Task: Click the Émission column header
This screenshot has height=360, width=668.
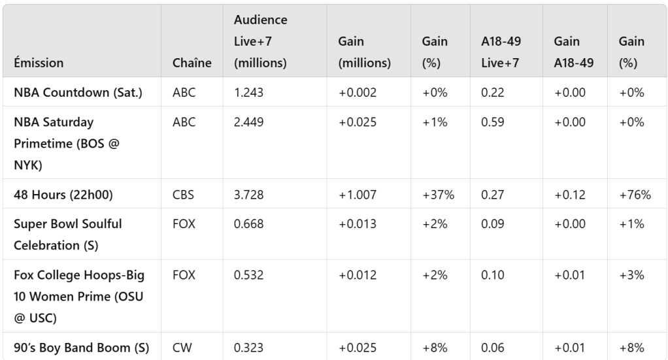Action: [x=39, y=63]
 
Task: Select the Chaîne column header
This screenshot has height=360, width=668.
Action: [x=192, y=63]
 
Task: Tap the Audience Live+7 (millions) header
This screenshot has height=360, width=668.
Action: [x=260, y=41]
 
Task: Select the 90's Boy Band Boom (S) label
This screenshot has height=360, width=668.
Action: [x=81, y=348]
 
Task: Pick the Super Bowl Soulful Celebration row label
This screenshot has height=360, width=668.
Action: [x=68, y=235]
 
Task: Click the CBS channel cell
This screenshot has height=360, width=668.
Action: [x=184, y=194]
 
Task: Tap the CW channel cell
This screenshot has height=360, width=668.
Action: [x=182, y=348]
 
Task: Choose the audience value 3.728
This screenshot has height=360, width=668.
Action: [x=248, y=194]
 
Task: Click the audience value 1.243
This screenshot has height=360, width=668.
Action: [x=248, y=93]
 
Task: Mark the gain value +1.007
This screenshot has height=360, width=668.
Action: [x=357, y=194]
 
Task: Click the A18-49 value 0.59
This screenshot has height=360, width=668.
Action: [x=492, y=122]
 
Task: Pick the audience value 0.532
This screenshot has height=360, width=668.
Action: [x=248, y=275]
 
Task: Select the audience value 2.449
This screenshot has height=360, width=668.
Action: [x=248, y=122]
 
